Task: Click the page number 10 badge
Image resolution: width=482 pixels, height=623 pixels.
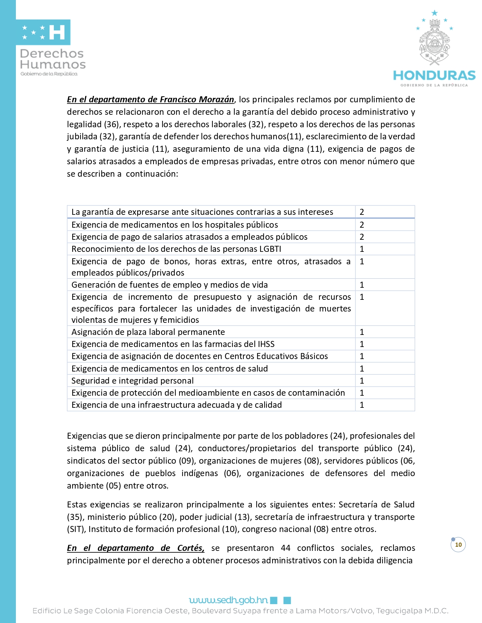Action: [458, 544]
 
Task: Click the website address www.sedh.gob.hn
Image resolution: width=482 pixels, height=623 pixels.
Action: [228, 600]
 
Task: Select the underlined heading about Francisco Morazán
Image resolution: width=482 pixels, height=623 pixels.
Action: [150, 99]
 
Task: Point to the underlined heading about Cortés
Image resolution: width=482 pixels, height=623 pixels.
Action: [135, 548]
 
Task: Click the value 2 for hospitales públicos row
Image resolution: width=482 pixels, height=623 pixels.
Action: [362, 225]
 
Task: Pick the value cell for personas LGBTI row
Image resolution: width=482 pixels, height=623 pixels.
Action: [362, 249]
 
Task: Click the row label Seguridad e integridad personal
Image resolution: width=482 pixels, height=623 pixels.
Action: [132, 381]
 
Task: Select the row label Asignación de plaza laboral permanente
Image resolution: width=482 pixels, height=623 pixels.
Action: [148, 332]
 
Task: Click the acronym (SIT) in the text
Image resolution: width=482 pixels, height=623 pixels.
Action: [76, 529]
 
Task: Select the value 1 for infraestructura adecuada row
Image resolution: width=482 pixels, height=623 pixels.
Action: [362, 405]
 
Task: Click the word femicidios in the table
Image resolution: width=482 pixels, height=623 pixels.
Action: [179, 320]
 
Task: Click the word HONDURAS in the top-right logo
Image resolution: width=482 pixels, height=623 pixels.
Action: [434, 76]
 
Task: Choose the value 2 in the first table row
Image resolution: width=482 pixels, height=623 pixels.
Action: [362, 212]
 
